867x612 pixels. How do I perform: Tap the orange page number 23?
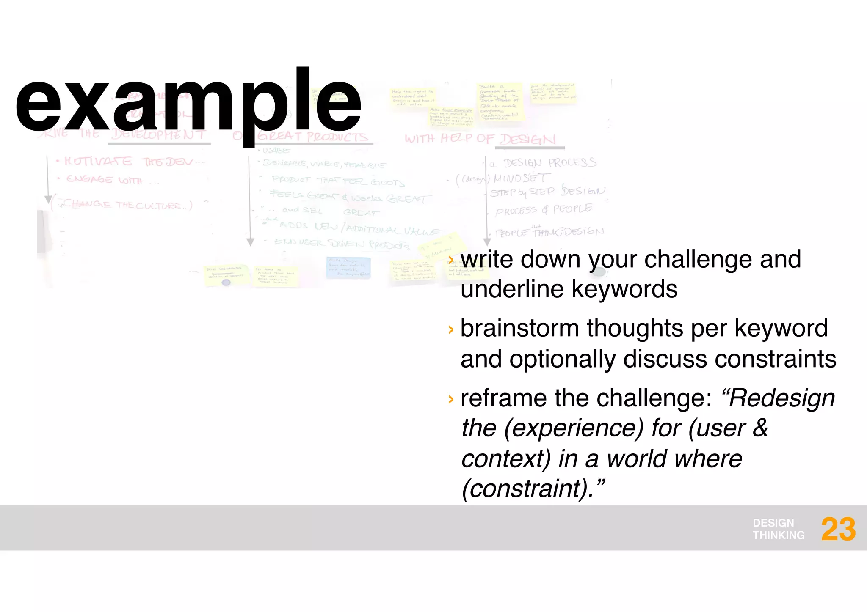[x=838, y=530]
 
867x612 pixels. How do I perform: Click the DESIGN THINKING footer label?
[x=778, y=529]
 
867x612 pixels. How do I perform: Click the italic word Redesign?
[x=781, y=398]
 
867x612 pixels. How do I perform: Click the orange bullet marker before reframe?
[x=450, y=399]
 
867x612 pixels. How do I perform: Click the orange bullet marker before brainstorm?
[x=450, y=329]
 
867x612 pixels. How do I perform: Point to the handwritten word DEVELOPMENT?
[x=159, y=134]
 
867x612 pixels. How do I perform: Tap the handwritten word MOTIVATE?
[x=98, y=161]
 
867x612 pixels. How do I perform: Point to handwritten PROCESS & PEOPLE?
[x=544, y=209]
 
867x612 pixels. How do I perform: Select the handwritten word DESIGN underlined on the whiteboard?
[x=527, y=139]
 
